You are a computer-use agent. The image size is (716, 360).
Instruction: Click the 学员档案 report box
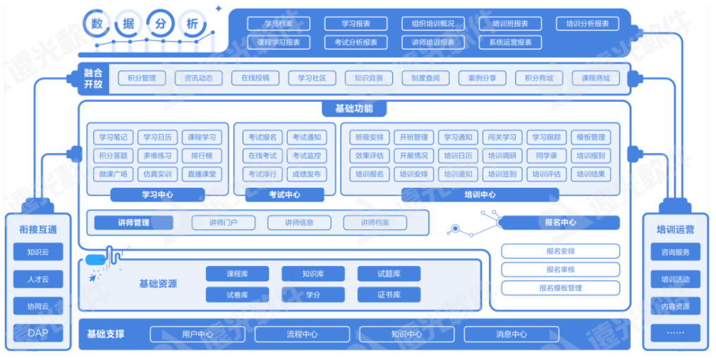click(x=279, y=24)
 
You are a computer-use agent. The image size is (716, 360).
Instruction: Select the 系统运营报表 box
click(x=510, y=42)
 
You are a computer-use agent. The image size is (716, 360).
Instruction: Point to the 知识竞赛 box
click(x=369, y=78)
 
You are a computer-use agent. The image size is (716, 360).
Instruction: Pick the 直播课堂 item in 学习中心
click(x=202, y=174)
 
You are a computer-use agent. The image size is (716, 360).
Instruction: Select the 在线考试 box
click(x=262, y=155)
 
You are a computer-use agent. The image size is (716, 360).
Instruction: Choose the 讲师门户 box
click(x=223, y=223)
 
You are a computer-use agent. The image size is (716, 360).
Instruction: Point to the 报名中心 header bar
click(x=559, y=223)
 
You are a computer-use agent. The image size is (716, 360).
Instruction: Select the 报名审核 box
click(x=560, y=269)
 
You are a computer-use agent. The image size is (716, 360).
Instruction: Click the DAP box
click(x=38, y=332)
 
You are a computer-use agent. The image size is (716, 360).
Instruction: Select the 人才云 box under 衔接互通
click(x=38, y=279)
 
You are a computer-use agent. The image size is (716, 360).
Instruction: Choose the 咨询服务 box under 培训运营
click(x=675, y=252)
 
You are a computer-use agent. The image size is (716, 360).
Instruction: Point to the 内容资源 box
click(x=675, y=306)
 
